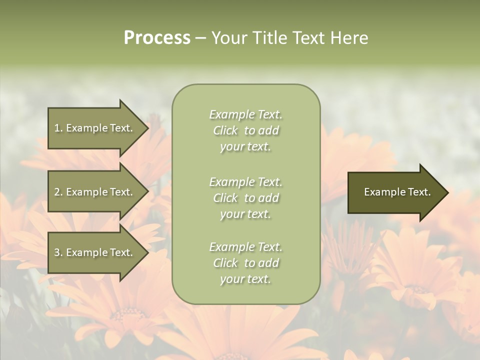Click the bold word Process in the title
[x=157, y=38]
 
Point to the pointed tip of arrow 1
[x=147, y=128]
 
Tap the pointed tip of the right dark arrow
[x=447, y=192]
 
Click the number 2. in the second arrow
[x=58, y=192]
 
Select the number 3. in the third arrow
[x=58, y=252]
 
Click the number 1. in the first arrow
[x=58, y=128]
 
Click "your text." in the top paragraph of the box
[x=245, y=147]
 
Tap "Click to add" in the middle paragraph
[x=245, y=198]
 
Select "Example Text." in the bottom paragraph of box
[x=245, y=247]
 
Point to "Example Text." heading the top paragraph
[x=245, y=114]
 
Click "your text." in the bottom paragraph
[x=245, y=279]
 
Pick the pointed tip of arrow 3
[x=147, y=252]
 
